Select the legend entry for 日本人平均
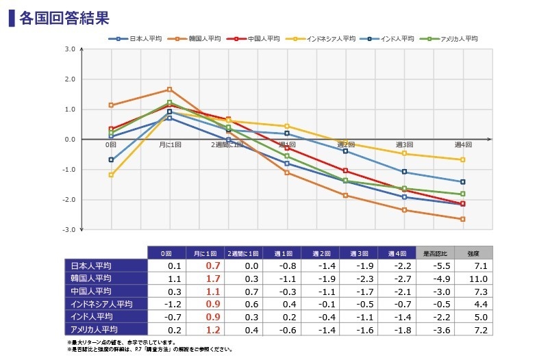(x=141, y=39)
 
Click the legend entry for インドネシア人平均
(x=326, y=39)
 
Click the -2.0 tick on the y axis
(x=69, y=200)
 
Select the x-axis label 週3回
(x=404, y=145)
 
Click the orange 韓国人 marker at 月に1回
(x=170, y=89)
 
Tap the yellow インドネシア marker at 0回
(x=111, y=175)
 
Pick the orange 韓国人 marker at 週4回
(x=463, y=219)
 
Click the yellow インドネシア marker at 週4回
(x=463, y=159)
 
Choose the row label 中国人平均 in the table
(x=91, y=290)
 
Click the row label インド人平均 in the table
(x=91, y=316)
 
